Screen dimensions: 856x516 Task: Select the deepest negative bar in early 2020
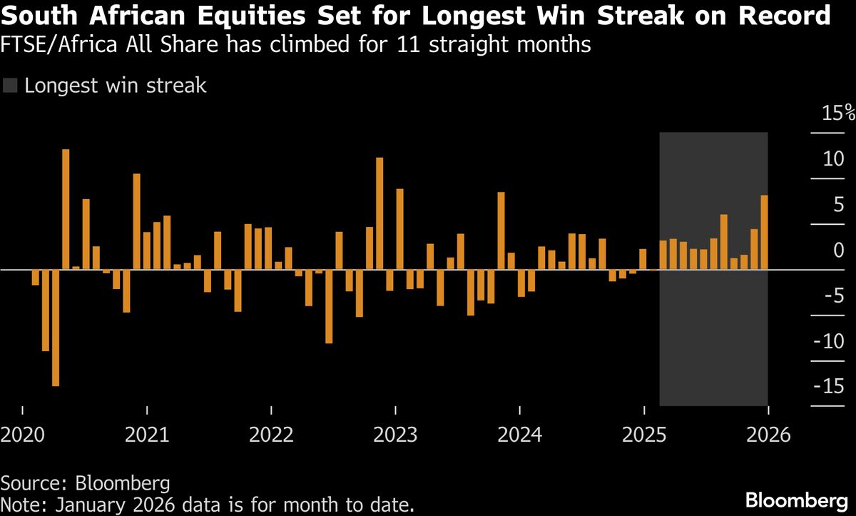56,328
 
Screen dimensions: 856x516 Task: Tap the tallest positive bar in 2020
66,209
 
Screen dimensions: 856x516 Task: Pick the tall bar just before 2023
379,213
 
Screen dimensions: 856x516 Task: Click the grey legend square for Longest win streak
10,85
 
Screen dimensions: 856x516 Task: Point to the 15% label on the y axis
838,113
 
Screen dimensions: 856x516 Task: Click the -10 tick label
828,341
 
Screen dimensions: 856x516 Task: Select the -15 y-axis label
828,386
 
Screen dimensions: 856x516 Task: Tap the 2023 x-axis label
395,435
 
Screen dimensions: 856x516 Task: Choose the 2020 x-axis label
23,435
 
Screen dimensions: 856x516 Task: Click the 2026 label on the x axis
768,435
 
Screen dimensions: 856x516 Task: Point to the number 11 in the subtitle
408,44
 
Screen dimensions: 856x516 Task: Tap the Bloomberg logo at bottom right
797,500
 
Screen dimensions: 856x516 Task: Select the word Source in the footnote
34,483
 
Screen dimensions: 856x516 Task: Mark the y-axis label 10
833,159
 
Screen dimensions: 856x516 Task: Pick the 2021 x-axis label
147,435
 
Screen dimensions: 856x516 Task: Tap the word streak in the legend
176,85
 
